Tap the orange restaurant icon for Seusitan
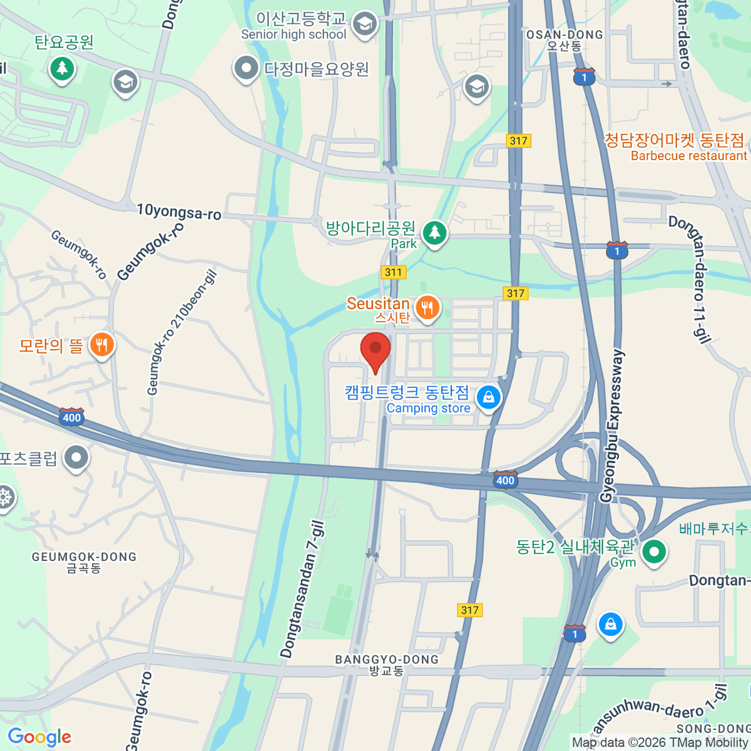(427, 308)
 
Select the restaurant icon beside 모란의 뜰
(101, 344)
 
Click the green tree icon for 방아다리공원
(434, 233)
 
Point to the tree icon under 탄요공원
(62, 68)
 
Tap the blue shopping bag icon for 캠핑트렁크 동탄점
(488, 397)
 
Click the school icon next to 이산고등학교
(364, 25)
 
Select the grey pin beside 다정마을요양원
(246, 68)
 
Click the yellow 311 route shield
(393, 272)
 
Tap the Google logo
(39, 737)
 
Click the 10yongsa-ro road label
(179, 212)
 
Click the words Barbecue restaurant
(688, 156)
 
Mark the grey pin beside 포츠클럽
(76, 458)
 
